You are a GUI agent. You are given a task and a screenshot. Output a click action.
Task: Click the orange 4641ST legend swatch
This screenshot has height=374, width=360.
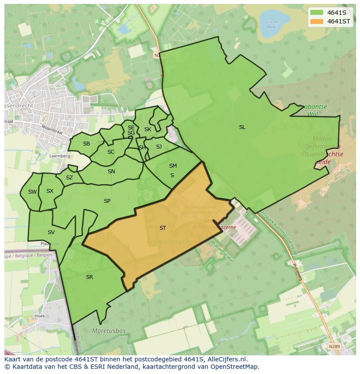317,21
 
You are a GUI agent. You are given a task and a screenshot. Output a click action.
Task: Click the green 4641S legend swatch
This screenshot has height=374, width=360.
317,13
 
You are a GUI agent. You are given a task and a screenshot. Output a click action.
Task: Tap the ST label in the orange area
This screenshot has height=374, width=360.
163,228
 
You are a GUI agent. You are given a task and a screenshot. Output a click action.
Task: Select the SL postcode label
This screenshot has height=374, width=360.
242,127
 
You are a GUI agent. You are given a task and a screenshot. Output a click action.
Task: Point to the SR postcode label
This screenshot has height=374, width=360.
90,277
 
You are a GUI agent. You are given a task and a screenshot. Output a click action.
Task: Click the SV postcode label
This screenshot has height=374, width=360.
51,232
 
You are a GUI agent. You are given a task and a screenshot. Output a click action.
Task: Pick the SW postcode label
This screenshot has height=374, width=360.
33,192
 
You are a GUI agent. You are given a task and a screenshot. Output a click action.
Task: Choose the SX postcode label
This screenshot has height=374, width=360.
50,191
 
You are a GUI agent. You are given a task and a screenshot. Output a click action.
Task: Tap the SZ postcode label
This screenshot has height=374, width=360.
70,178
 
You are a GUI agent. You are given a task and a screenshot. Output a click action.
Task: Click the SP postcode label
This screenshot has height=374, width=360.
107,201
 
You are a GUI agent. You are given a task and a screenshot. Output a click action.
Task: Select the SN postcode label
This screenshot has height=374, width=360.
111,172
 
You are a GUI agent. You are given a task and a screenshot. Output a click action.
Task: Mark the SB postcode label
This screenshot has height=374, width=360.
87,144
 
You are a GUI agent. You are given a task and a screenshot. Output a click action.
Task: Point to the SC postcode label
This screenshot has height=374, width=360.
111,152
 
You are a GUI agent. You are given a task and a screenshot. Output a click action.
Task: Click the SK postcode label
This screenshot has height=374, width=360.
148,129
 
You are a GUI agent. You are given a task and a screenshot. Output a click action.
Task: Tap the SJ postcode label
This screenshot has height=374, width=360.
159,147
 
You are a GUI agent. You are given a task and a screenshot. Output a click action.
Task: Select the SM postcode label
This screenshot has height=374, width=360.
173,166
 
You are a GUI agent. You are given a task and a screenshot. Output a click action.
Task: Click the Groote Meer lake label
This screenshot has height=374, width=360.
272,24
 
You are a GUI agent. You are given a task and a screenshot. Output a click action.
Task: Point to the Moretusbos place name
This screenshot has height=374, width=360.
109,331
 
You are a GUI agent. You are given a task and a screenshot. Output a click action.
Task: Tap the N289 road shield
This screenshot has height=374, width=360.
335,346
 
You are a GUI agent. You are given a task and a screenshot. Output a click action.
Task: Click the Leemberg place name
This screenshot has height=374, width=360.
60,156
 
